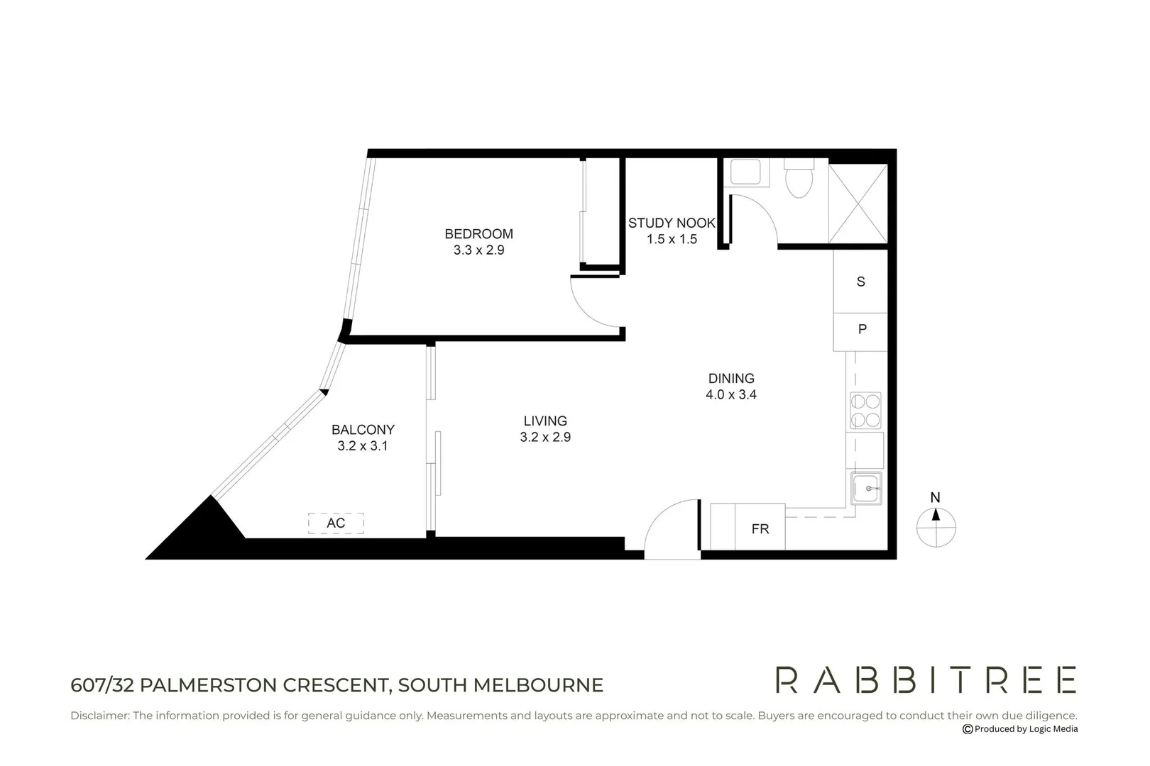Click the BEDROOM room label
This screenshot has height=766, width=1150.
click(478, 233)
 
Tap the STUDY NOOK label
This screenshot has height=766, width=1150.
click(672, 223)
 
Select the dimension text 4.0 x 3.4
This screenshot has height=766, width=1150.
click(730, 395)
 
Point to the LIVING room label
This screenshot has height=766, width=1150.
click(545, 421)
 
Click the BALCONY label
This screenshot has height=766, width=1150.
click(363, 430)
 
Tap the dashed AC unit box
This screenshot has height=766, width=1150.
click(336, 523)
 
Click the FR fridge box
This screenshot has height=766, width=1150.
click(760, 528)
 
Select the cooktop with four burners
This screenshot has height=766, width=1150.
click(865, 410)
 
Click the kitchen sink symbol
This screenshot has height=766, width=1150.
click(866, 489)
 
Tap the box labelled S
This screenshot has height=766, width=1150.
click(860, 282)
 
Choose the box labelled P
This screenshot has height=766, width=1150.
click(861, 330)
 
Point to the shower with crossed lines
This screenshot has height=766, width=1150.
click(858, 204)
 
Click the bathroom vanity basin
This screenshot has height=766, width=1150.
click(745, 172)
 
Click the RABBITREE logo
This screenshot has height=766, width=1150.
click(926, 679)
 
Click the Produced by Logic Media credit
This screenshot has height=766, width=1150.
click(1020, 729)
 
